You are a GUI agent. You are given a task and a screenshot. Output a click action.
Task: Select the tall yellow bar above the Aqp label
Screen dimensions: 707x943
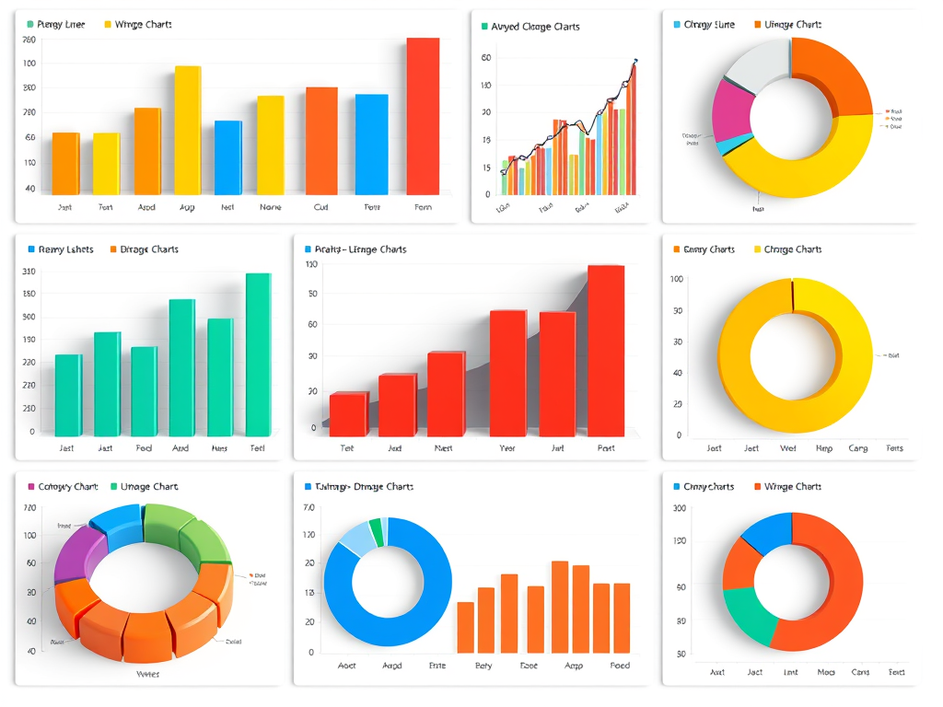click(x=188, y=130)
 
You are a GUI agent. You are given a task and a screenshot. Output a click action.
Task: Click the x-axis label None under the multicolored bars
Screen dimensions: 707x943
click(x=270, y=208)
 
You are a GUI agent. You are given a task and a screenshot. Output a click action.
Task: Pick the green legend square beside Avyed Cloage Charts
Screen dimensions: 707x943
click(x=484, y=27)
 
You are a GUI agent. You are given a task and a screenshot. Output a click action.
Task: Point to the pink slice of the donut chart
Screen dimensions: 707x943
click(x=732, y=110)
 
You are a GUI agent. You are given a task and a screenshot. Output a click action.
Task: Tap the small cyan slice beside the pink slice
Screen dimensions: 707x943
click(x=728, y=145)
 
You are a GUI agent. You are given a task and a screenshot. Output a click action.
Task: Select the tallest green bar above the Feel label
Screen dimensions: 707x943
click(x=258, y=354)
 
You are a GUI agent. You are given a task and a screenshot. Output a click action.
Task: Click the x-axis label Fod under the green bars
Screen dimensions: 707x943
click(x=144, y=448)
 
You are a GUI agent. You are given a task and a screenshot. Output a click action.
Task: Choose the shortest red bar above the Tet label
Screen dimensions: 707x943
click(x=348, y=414)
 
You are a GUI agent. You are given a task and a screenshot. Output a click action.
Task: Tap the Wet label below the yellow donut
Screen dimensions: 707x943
click(x=787, y=448)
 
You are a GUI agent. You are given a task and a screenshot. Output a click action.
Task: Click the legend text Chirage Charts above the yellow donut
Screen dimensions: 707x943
click(x=793, y=249)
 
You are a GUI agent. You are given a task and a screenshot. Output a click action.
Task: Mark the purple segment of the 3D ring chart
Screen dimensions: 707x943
click(x=71, y=553)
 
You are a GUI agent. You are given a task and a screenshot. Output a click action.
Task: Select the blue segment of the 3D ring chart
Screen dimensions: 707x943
click(x=117, y=526)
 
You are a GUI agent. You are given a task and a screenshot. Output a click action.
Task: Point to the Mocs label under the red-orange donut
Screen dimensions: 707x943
click(x=826, y=672)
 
